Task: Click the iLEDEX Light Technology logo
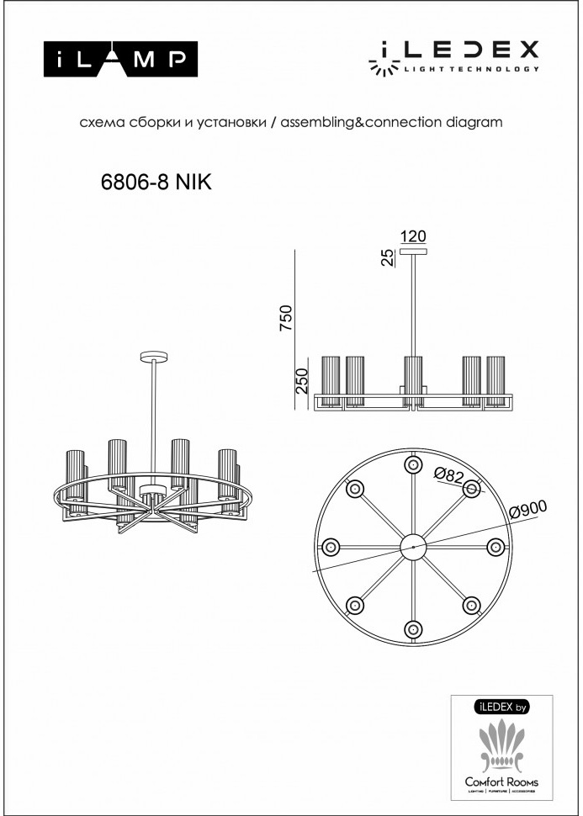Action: pos(454,57)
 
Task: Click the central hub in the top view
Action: pos(412,546)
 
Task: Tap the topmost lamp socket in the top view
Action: pos(412,464)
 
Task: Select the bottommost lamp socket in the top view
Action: pos(412,628)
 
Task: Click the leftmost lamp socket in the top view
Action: pos(330,546)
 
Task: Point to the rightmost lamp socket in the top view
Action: pos(495,546)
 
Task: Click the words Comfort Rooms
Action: pos(502,782)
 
